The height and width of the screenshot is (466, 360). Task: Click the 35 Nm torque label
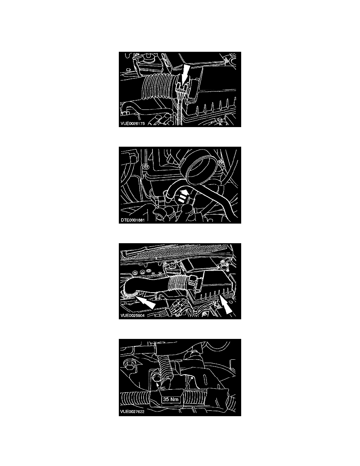point(171,399)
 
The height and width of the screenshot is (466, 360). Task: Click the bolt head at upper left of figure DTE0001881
point(145,166)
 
